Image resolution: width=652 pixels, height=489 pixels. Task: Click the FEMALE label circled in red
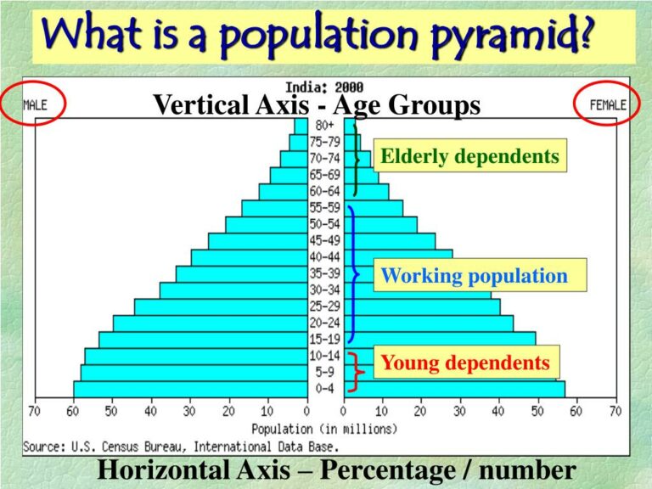point(607,106)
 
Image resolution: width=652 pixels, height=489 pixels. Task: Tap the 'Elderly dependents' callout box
point(469,156)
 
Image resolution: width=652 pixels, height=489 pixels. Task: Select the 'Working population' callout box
point(474,276)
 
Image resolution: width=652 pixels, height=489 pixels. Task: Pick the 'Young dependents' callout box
point(465,363)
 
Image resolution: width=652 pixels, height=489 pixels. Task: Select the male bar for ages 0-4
point(190,389)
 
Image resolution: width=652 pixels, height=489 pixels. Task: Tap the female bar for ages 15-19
point(441,340)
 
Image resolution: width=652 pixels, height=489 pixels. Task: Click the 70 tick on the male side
point(34,412)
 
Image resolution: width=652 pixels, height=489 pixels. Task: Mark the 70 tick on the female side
point(615,412)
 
